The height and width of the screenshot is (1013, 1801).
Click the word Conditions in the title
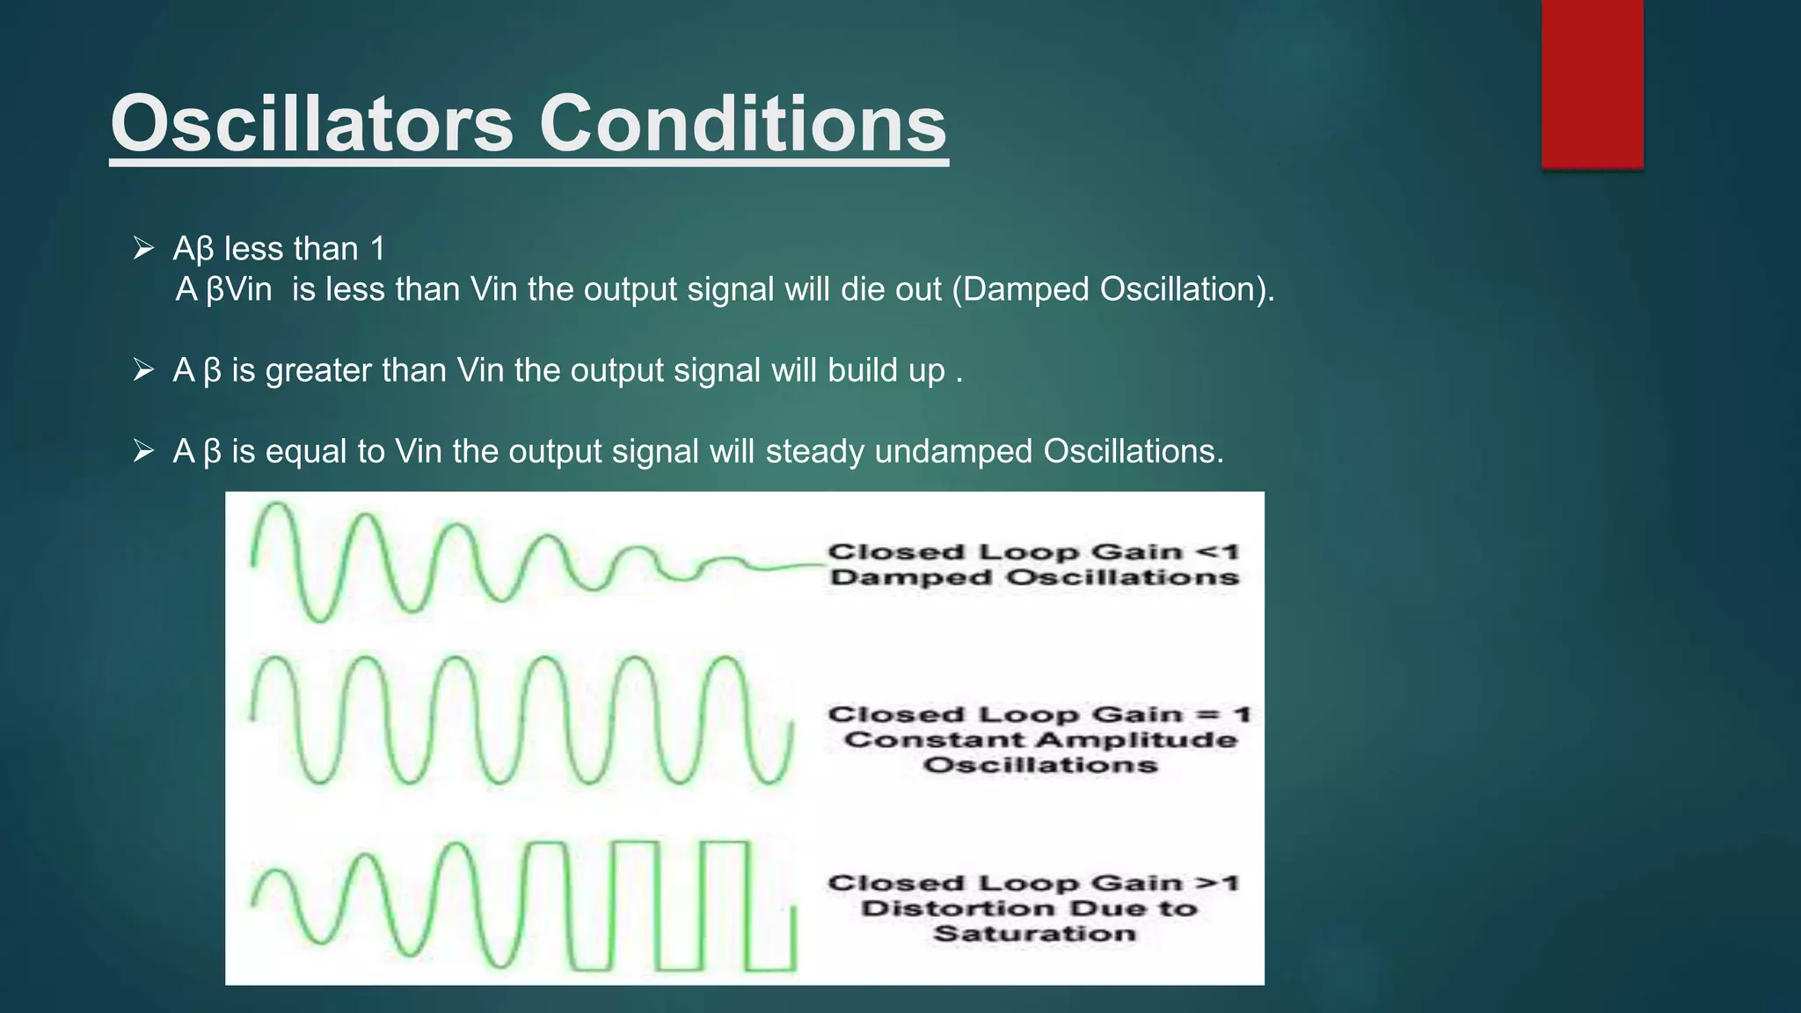click(x=743, y=124)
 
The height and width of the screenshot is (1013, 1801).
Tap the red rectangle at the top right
click(x=1592, y=84)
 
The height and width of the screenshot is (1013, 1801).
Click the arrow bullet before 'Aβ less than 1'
click(x=143, y=249)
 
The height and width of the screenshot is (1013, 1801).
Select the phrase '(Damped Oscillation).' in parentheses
click(x=1113, y=289)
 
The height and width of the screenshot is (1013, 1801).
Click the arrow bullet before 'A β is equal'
click(x=143, y=451)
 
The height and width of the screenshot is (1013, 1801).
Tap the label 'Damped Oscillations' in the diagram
click(x=1034, y=578)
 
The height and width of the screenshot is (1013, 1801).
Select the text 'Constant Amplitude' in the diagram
click(x=1040, y=740)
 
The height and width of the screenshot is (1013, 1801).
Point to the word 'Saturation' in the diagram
click(x=1034, y=933)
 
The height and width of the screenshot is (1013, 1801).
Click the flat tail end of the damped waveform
click(x=783, y=566)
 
